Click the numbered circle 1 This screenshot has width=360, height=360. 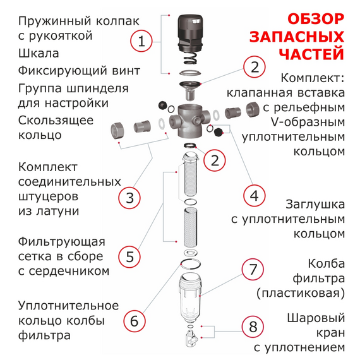142,42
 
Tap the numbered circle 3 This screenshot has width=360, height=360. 129,198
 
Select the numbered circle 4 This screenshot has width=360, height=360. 254,196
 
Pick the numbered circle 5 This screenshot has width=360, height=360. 129,256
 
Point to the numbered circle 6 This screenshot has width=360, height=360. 133,320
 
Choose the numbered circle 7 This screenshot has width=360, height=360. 253,269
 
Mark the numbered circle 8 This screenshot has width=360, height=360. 253,327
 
